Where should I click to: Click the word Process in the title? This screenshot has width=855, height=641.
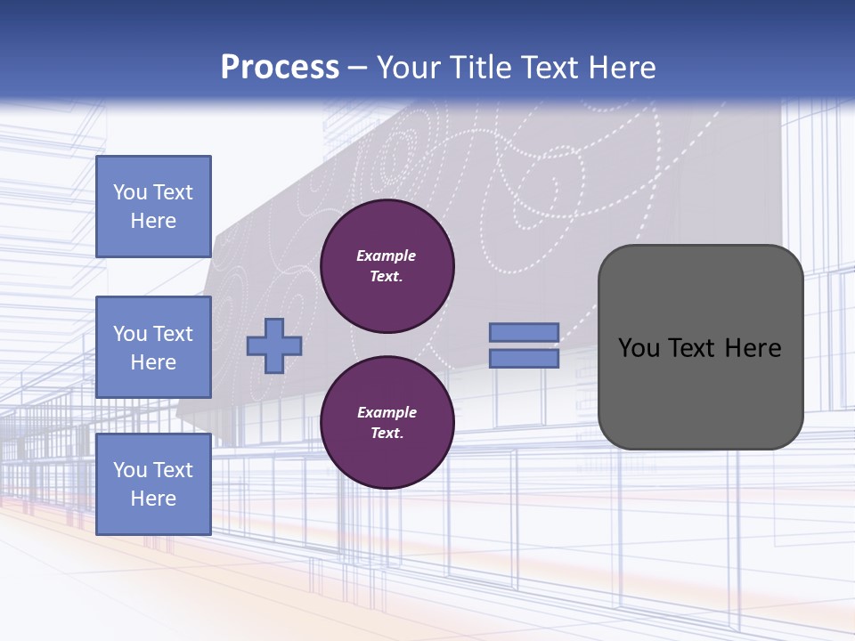pos(280,68)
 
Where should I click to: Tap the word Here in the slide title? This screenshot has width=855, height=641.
pos(620,68)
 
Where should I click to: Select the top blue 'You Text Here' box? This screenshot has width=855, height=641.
pos(153,207)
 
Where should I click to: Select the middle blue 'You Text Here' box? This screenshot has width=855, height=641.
pos(153,347)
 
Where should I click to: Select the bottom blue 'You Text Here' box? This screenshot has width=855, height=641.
pos(153,483)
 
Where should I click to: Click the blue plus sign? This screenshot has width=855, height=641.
pos(274,346)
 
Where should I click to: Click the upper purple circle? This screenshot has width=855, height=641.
pos(387,266)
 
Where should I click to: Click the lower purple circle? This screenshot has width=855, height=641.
pos(387,423)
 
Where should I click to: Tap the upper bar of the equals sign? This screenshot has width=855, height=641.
pos(524,332)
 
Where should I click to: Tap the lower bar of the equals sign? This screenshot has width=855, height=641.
pos(524,359)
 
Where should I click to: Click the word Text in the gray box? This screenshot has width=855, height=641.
pos(693,348)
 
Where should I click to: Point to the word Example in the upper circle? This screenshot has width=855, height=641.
pos(387,256)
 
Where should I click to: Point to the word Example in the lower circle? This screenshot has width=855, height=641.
pos(387,412)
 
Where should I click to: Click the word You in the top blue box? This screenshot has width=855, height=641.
pos(130,192)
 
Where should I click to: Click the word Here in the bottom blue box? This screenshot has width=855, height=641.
pos(153,499)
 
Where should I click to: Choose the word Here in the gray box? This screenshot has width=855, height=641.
pos(753,348)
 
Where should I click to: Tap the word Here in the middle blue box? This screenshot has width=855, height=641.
pos(153,362)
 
